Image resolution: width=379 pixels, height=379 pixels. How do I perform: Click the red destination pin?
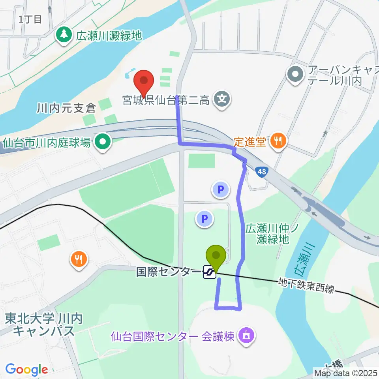pyautogui.click(x=144, y=82)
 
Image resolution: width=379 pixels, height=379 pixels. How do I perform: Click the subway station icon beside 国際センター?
pyautogui.click(x=210, y=272)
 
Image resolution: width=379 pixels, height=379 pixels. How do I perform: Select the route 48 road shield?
pyautogui.click(x=261, y=172)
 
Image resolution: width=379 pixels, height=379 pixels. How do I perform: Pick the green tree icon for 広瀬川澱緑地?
pyautogui.click(x=64, y=36)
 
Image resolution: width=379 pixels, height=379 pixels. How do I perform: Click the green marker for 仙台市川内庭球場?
pyautogui.click(x=103, y=142)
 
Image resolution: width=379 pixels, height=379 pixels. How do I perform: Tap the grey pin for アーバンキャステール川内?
pyautogui.click(x=296, y=74)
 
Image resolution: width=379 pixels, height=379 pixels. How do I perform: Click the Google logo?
pyautogui.click(x=26, y=370)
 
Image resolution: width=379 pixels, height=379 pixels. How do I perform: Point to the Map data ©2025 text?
pyautogui.click(x=345, y=372)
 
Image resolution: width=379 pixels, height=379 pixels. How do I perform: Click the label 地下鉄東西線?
pyautogui.click(x=306, y=285)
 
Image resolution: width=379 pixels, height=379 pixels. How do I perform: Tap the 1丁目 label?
pyautogui.click(x=30, y=19)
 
